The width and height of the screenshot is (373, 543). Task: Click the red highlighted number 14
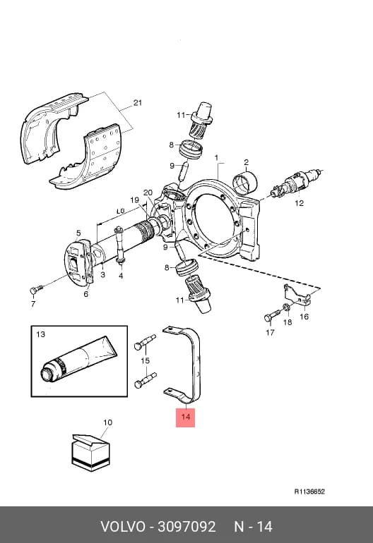(186, 416)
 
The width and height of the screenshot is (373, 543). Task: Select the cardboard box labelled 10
(90, 452)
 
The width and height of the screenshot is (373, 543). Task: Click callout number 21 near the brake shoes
(138, 103)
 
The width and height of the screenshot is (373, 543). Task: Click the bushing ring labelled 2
(245, 182)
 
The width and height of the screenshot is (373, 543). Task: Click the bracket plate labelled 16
(297, 295)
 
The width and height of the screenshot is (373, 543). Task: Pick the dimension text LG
(120, 212)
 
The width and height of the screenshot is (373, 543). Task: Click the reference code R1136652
(309, 492)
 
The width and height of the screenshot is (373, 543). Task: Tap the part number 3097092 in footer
(186, 527)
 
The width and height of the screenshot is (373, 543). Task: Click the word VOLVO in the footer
(123, 527)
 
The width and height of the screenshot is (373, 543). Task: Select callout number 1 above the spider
(216, 158)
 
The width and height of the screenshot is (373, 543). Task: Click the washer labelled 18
(287, 307)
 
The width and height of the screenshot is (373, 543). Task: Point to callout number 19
(135, 200)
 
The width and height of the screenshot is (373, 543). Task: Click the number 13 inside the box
(40, 334)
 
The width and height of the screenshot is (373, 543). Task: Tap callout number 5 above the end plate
(78, 233)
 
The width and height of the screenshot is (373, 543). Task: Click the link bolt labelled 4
(120, 247)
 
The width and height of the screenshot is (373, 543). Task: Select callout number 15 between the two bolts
(145, 360)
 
